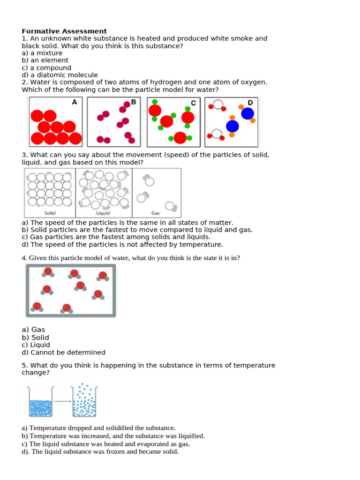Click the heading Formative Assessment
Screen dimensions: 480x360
pyautogui.click(x=64, y=31)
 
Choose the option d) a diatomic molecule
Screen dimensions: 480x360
pyautogui.click(x=60, y=75)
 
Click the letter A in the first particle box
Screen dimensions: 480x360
pyautogui.click(x=74, y=102)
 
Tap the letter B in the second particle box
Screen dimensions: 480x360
pyautogui.click(x=134, y=102)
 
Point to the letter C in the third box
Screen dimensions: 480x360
pyautogui.click(x=193, y=103)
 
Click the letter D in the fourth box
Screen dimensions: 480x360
pyautogui.click(x=250, y=102)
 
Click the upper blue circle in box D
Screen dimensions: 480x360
pyautogui.click(x=247, y=113)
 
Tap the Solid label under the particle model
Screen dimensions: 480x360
pyautogui.click(x=51, y=213)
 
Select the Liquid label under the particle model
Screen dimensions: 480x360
pyautogui.click(x=103, y=213)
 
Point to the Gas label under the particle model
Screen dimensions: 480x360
pyautogui.click(x=156, y=213)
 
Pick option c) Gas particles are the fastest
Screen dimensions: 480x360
pyautogui.click(x=116, y=237)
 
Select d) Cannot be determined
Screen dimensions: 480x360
pyautogui.click(x=63, y=352)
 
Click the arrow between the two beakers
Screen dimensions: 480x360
pyautogui.click(x=63, y=401)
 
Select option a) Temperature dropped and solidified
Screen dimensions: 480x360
pyautogui.click(x=98, y=427)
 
